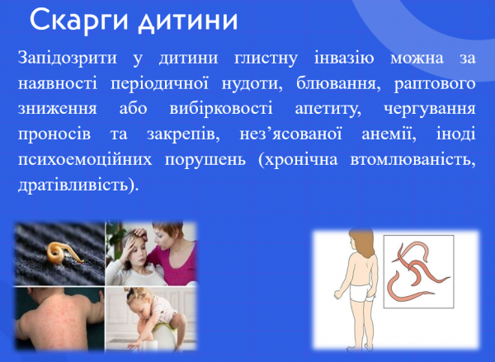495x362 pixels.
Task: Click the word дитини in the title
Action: point(185,19)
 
